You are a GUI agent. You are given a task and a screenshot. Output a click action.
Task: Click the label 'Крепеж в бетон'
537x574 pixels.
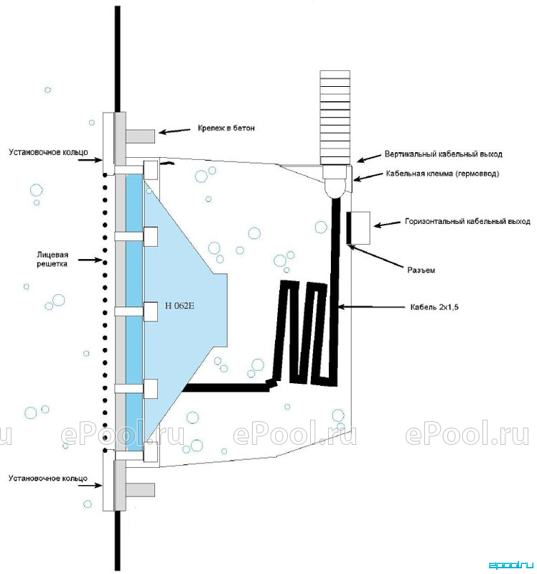(226, 128)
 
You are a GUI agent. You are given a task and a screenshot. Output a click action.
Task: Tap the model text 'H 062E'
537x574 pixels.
(179, 306)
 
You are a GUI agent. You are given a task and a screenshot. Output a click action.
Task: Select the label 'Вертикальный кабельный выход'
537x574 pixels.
(443, 154)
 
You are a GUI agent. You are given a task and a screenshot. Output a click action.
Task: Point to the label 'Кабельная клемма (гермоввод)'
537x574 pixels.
(442, 174)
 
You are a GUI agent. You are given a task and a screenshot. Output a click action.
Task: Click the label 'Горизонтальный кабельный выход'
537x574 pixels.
(467, 222)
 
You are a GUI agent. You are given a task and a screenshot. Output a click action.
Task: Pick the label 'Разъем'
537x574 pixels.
(421, 270)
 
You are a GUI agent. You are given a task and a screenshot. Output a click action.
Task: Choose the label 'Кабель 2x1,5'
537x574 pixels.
(434, 307)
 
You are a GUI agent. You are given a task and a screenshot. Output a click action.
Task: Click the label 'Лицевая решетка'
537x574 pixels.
(52, 259)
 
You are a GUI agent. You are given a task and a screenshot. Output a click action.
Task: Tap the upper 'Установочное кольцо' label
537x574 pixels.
(48, 152)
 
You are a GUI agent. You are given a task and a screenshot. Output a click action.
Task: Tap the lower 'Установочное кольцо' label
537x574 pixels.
(48, 478)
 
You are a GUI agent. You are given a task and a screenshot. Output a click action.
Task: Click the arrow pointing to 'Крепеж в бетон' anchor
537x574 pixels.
(175, 131)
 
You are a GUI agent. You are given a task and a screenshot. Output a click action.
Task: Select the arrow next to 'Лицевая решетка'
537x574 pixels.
(90, 260)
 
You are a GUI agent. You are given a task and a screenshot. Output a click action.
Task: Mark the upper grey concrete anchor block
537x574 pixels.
(140, 136)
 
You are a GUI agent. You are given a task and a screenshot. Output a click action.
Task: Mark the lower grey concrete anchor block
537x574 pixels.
(140, 490)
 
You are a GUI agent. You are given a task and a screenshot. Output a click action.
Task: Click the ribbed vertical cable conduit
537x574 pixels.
(335, 117)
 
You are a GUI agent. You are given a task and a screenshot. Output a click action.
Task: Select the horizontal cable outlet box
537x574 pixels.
(358, 227)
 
